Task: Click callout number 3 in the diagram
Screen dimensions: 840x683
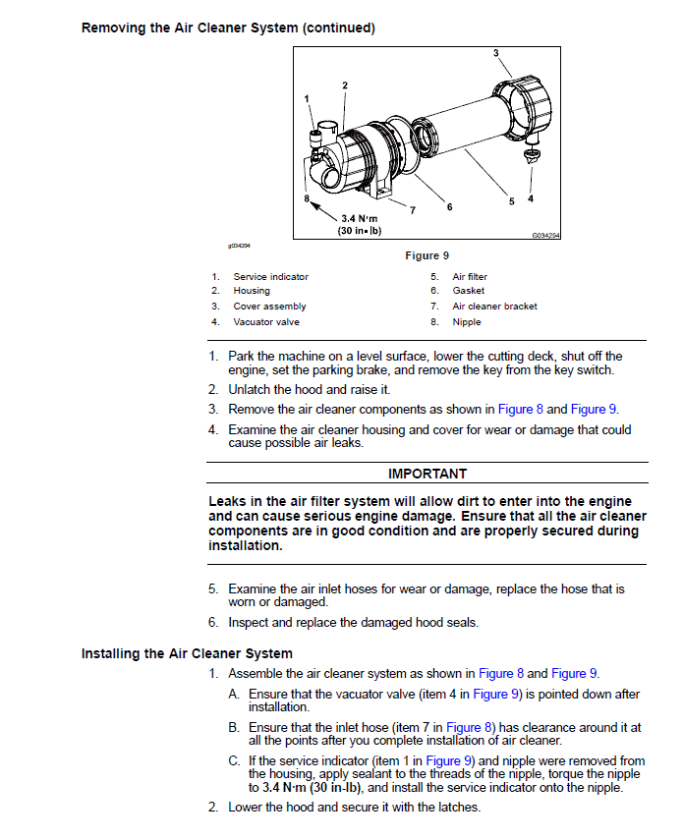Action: [x=495, y=52]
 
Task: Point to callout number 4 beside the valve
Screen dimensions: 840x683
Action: [x=531, y=199]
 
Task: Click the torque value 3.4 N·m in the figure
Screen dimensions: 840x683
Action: [x=359, y=219]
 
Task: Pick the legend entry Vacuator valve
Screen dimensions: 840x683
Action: [x=266, y=321]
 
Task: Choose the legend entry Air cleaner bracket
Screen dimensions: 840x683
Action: [x=494, y=307]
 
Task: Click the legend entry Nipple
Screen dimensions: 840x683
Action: [x=467, y=321]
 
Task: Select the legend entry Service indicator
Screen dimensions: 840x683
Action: [x=270, y=277]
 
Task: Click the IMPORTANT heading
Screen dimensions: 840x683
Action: [x=427, y=474]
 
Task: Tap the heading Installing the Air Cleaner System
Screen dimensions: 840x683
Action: [x=187, y=653]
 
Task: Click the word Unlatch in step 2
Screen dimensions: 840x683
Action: [x=250, y=390]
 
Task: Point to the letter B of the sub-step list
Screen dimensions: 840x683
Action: [x=234, y=728]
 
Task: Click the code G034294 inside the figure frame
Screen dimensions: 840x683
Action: [x=545, y=236]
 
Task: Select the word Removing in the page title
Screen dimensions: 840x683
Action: [x=114, y=28]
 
